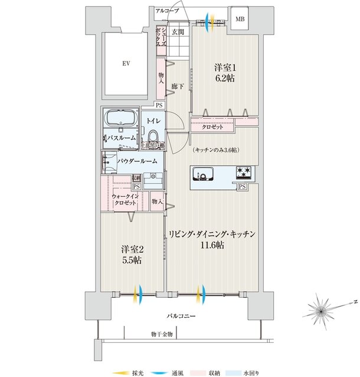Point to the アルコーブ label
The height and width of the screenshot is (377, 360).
167,11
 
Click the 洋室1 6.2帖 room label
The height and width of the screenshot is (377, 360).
224,72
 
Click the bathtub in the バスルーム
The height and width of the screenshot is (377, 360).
120,119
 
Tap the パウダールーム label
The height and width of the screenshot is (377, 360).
137,161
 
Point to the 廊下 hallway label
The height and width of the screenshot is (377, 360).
176,87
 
